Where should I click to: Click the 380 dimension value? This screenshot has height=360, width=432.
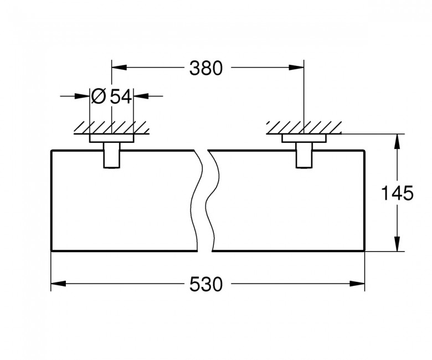coord(205,68)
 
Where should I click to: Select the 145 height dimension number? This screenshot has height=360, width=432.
coord(398,194)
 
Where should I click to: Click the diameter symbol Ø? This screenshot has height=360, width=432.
coord(97,97)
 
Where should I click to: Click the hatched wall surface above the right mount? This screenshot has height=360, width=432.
coord(304,127)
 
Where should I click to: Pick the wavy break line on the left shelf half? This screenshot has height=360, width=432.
coord(196,199)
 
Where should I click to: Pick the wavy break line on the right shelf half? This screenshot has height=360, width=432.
coord(212,199)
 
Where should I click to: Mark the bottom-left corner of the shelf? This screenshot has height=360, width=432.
coord(51,251)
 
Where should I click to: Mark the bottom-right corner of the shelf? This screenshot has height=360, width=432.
coord(364,251)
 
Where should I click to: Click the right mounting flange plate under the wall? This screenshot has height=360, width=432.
coord(304,138)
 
